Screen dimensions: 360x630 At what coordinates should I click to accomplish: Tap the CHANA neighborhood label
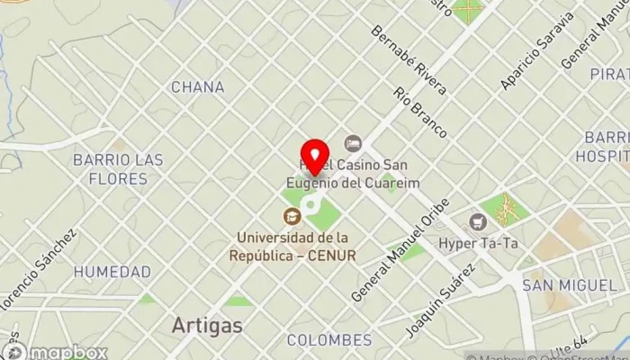click(197, 87)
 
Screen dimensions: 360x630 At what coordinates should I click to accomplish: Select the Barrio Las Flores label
click(118, 169)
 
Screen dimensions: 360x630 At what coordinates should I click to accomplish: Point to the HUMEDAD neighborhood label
click(112, 271)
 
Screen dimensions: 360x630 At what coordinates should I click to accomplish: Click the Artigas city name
click(206, 325)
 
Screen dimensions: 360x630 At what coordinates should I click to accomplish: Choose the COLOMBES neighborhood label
click(328, 340)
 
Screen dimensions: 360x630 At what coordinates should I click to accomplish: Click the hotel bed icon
click(353, 143)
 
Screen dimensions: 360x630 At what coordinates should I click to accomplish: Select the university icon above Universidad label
click(292, 216)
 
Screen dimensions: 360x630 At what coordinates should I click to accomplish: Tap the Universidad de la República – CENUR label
click(296, 246)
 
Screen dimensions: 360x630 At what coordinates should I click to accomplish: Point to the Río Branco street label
click(420, 112)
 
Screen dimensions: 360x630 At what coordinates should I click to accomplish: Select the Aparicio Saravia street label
click(537, 51)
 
